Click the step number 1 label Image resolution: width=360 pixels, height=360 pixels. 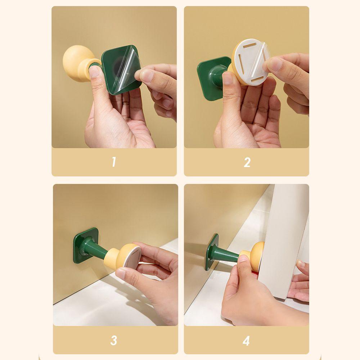tap(114, 162)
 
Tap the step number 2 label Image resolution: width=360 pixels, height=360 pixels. tap(247, 162)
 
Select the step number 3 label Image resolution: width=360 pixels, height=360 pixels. tap(114, 340)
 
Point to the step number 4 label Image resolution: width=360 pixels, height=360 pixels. tap(246, 341)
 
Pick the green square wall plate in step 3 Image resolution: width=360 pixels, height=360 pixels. tap(85, 246)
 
